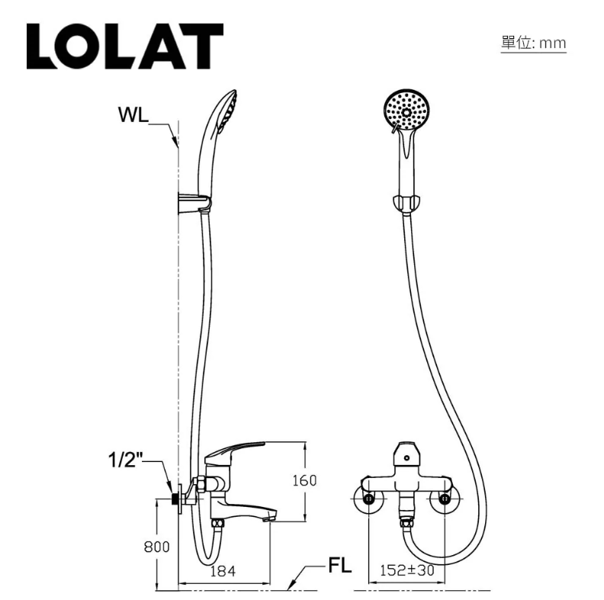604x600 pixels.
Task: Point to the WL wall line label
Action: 133,114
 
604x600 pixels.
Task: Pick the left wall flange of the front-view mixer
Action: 369,499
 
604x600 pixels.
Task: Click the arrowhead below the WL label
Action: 175,142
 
